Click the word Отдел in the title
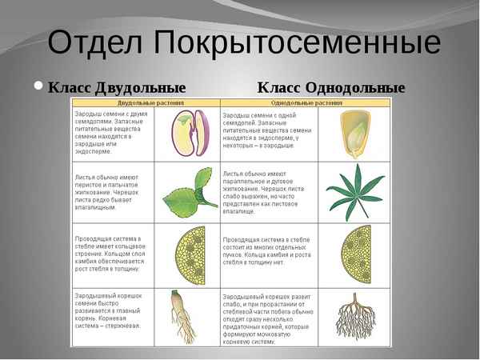[x=94, y=42]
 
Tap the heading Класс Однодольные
[x=331, y=87]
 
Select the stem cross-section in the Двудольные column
[x=191, y=255]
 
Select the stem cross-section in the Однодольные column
[x=354, y=255]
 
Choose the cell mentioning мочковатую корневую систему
[x=268, y=317]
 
